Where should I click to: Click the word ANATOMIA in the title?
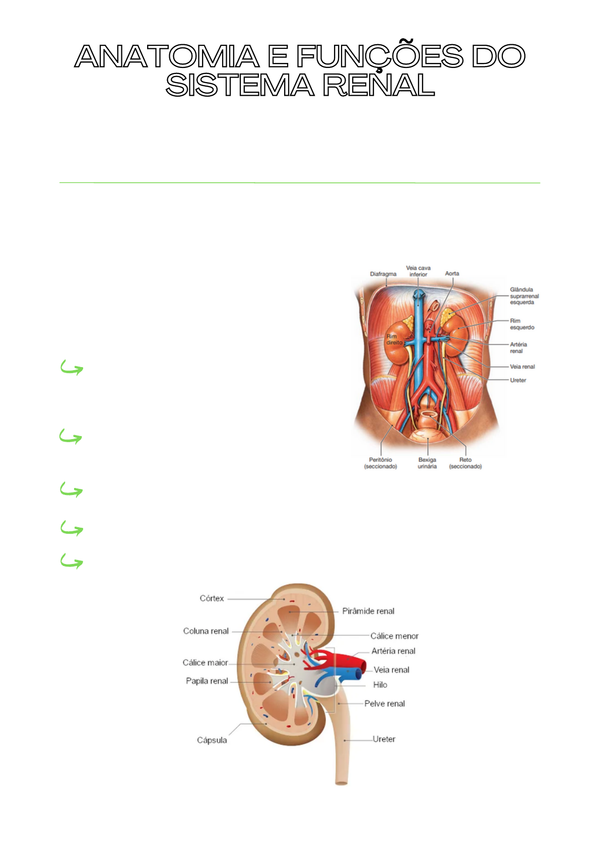pyautogui.click(x=167, y=56)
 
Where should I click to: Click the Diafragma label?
pyautogui.click(x=383, y=274)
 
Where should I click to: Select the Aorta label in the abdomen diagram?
pyautogui.click(x=452, y=274)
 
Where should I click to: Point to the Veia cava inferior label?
pyautogui.click(x=418, y=271)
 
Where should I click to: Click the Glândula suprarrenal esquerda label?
pyautogui.click(x=524, y=296)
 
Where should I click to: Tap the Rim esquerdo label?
pyautogui.click(x=521, y=324)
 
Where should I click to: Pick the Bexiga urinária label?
pyautogui.click(x=427, y=463)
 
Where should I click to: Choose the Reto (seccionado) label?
pyautogui.click(x=465, y=463)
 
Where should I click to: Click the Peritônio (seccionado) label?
pyautogui.click(x=380, y=463)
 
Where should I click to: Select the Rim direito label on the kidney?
pyautogui.click(x=394, y=339)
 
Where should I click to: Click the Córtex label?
pyautogui.click(x=212, y=599)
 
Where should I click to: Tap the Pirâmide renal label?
pyautogui.click(x=368, y=611)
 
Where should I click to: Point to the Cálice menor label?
pyautogui.click(x=394, y=637)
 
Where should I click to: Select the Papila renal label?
pyautogui.click(x=207, y=681)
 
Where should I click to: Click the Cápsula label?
pyautogui.click(x=212, y=740)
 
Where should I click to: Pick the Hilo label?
pyautogui.click(x=380, y=685)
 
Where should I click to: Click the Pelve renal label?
pyautogui.click(x=384, y=704)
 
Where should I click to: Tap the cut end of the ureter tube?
pyautogui.click(x=342, y=783)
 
